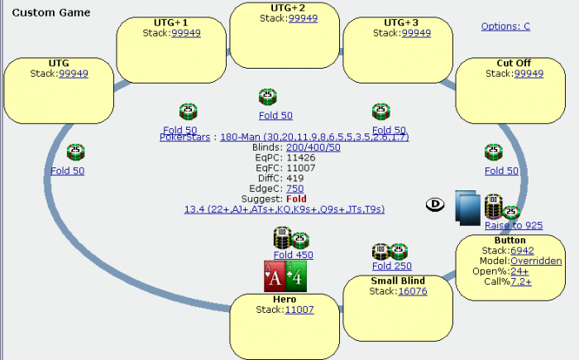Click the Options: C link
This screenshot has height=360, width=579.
point(505,26)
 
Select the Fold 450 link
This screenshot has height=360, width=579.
point(293,255)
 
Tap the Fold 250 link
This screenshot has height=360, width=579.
point(391,266)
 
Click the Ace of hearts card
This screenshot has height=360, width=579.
point(274,276)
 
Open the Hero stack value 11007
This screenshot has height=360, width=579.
point(299,310)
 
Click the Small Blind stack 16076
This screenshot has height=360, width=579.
point(412,291)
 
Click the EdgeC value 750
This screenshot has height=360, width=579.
point(294,189)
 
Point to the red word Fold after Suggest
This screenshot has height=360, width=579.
point(296,199)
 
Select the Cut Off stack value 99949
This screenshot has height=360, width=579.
point(529,74)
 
